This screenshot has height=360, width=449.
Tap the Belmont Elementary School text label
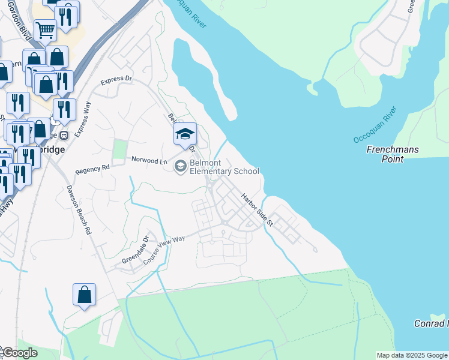[x=224, y=167]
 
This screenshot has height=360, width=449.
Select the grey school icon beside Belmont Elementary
[x=179, y=167]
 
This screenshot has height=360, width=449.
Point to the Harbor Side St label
[x=258, y=209]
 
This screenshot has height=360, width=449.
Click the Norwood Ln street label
[x=149, y=161]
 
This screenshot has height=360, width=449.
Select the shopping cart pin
[x=45, y=29]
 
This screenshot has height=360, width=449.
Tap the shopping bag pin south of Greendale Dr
[x=84, y=295]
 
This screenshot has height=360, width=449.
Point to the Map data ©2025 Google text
[x=411, y=355]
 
